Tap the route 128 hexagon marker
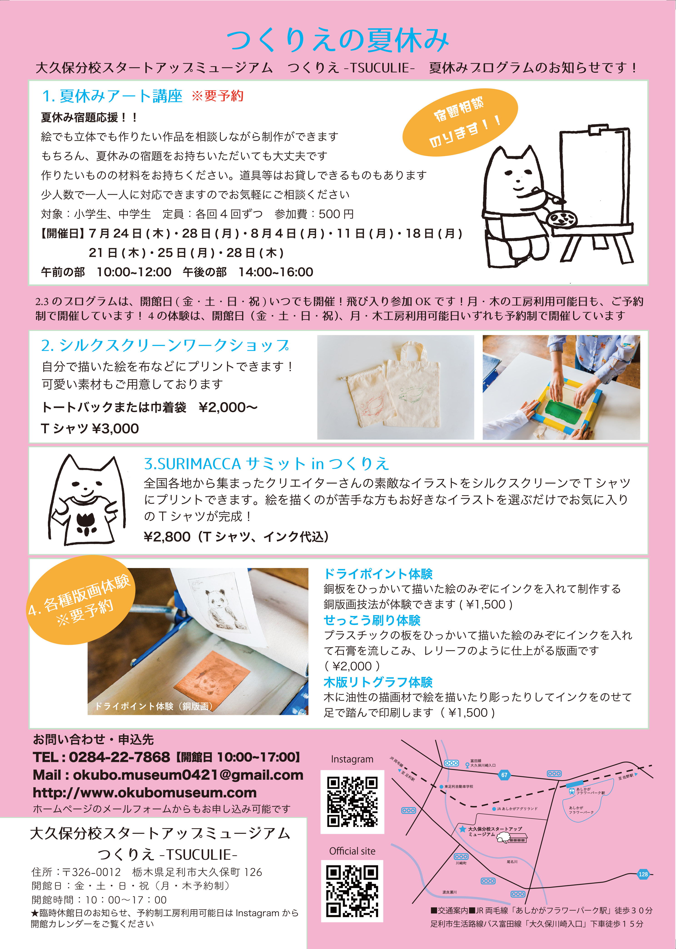(x=643, y=874)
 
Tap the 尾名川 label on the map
(x=512, y=861)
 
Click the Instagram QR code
(x=352, y=801)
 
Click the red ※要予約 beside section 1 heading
(x=217, y=96)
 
